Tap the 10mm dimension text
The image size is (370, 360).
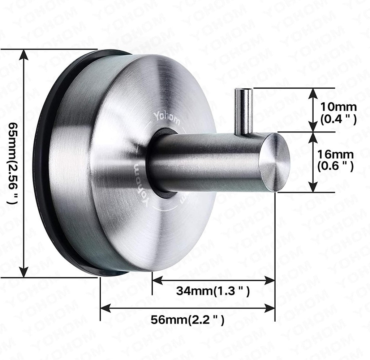click(339, 107)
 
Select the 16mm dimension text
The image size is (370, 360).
click(335, 154)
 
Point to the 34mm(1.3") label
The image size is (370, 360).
click(213, 291)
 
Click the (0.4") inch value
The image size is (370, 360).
click(339, 119)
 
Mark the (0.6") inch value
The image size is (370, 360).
click(335, 166)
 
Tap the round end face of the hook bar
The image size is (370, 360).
click(275, 162)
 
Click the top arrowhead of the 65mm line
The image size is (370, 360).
click(24, 55)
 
